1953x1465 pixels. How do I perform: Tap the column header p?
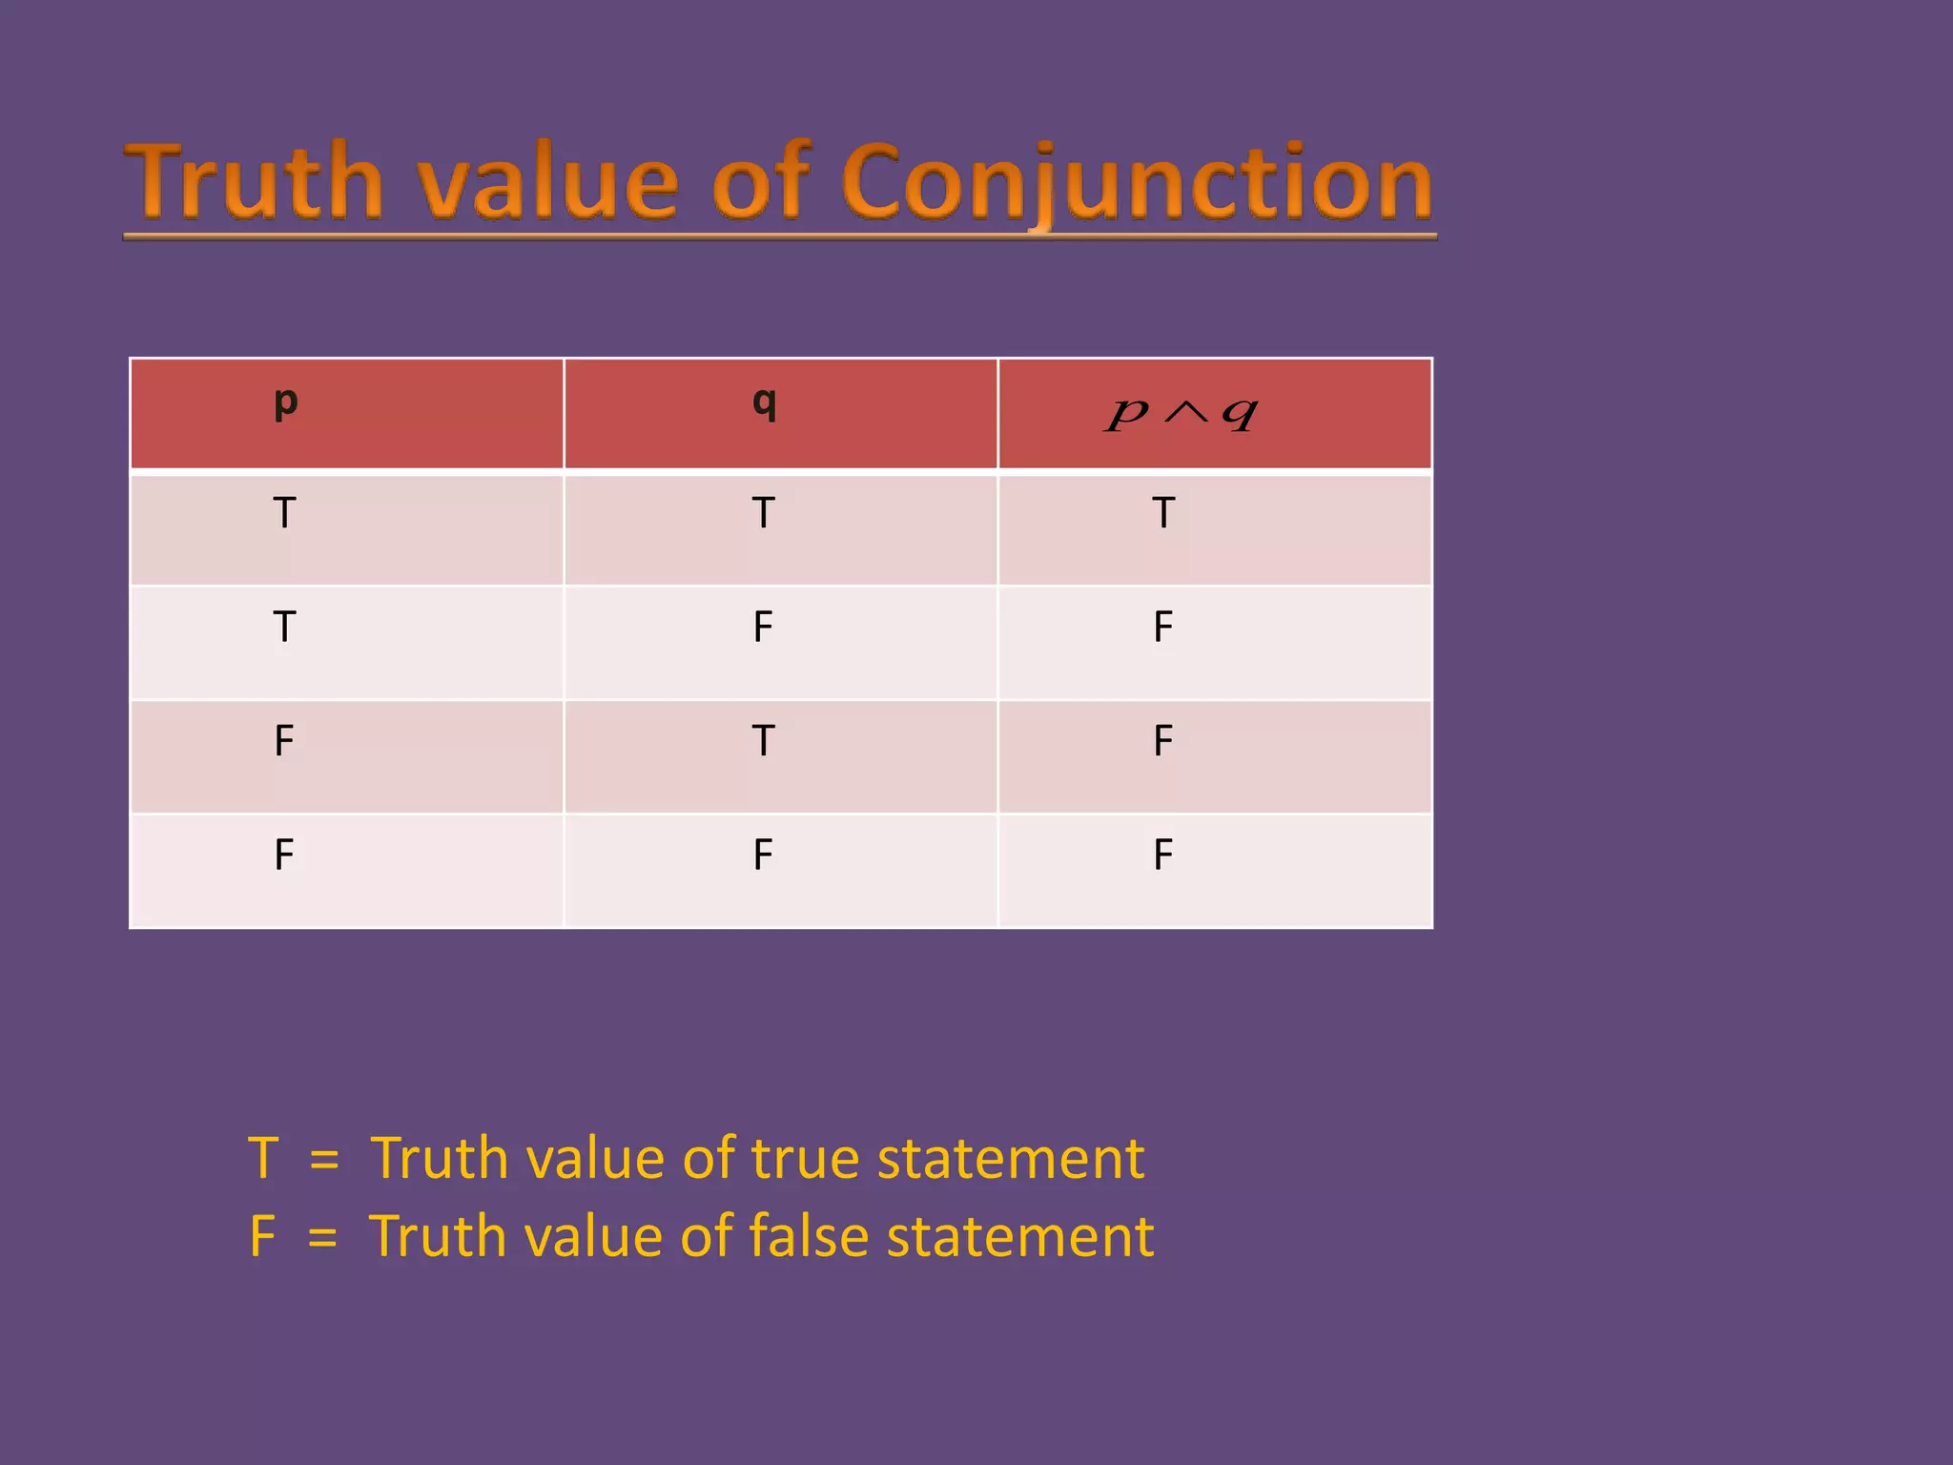[x=285, y=402]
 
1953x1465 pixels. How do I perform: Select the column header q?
[x=764, y=402]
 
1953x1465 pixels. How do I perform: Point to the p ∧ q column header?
[x=1182, y=412]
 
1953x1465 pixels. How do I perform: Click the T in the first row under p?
[x=284, y=513]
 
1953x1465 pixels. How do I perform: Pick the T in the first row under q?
[x=763, y=513]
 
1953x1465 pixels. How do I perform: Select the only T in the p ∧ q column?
[x=1163, y=513]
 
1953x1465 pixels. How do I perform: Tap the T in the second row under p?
[x=284, y=627]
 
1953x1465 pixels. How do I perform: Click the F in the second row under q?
[x=763, y=627]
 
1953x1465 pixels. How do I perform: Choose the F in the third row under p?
[x=284, y=741]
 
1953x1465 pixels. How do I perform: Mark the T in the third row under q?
[x=763, y=741]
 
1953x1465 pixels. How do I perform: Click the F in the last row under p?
[x=284, y=855]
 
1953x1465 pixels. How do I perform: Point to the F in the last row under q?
[x=763, y=855]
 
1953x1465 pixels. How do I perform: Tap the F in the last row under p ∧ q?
[x=1163, y=855]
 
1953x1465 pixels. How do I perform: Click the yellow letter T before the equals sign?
[x=263, y=1159]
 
